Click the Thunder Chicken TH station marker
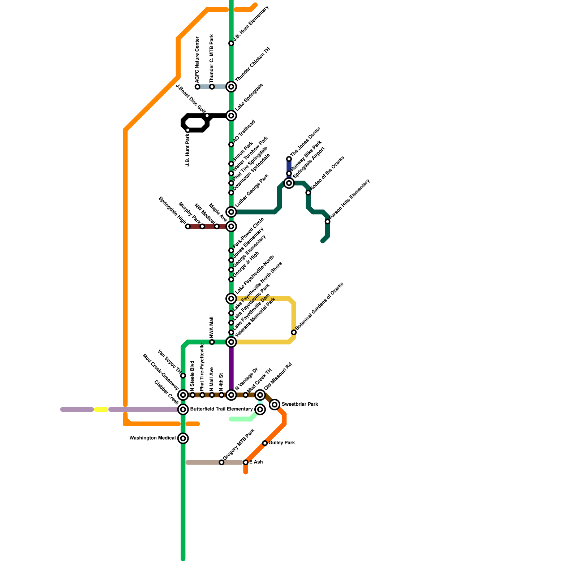point(231,87)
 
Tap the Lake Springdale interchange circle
point(231,116)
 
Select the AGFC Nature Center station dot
point(197,87)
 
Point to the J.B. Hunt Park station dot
point(187,130)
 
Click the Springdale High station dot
point(187,227)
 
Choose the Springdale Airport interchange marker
point(289,183)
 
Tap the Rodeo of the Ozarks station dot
point(308,193)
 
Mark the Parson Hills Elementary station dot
point(327,221)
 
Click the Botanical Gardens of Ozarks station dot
point(294,332)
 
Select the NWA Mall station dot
point(212,342)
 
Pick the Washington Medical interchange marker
point(183,438)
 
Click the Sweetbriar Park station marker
point(275,405)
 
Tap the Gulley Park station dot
point(265,443)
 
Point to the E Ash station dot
point(246,462)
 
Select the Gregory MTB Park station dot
point(221,462)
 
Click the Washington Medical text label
point(152,438)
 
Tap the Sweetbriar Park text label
point(300,404)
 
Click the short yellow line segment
point(101,409)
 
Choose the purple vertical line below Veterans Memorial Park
point(231,368)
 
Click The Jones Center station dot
point(289,159)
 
